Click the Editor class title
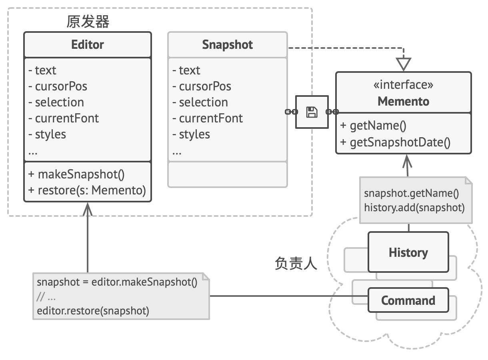click(x=87, y=44)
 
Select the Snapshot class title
click(x=227, y=44)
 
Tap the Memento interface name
click(x=403, y=101)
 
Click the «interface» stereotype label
click(x=403, y=85)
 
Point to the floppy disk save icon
click(x=312, y=112)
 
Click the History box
click(x=408, y=253)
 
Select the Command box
click(x=408, y=300)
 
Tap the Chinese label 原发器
click(x=88, y=22)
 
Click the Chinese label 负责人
click(x=296, y=264)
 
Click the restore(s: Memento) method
click(x=87, y=190)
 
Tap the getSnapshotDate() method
click(x=395, y=142)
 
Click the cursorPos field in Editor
click(x=58, y=86)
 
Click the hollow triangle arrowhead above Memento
click(x=404, y=64)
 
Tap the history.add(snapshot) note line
click(x=414, y=208)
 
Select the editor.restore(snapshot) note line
click(x=93, y=311)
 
